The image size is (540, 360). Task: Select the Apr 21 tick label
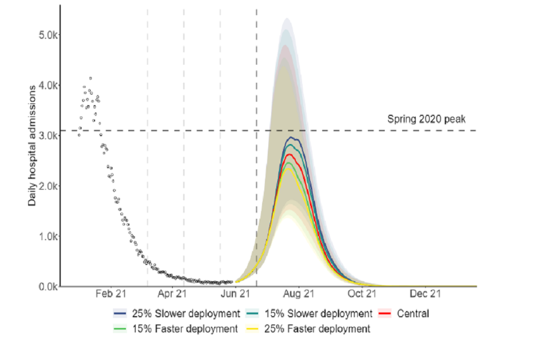pyautogui.click(x=172, y=294)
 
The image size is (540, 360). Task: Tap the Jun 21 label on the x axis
pyautogui.click(x=236, y=294)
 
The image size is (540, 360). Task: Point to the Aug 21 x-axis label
pyautogui.click(x=299, y=294)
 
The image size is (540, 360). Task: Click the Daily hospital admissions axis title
pyautogui.click(x=33, y=145)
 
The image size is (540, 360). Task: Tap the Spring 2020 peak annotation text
pyautogui.click(x=426, y=119)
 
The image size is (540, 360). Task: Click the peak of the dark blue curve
pyautogui.click(x=291, y=137)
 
